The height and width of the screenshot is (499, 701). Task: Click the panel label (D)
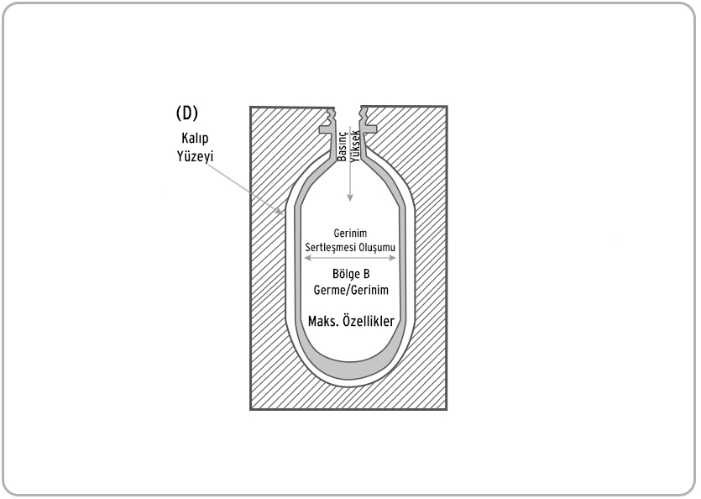pos(187,113)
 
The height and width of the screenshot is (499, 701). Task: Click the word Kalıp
pos(195,139)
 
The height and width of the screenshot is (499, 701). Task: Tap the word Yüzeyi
pos(195,156)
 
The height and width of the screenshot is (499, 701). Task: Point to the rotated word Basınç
pos(342,146)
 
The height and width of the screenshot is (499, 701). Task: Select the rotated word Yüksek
pos(355,146)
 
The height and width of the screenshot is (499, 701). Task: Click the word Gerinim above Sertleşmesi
pos(351,234)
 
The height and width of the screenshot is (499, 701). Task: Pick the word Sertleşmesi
pos(330,247)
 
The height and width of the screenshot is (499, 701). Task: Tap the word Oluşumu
pos(376,247)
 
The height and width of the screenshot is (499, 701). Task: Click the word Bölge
pos(345,274)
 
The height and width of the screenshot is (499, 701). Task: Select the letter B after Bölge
pos(366,274)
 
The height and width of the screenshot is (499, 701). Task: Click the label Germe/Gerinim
pos(351,290)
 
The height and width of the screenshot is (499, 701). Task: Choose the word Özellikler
pos(369,321)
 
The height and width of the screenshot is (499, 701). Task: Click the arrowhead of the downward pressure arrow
pos(351,197)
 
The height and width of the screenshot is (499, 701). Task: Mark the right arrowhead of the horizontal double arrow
pos(392,258)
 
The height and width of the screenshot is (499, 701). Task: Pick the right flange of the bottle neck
pos(369,129)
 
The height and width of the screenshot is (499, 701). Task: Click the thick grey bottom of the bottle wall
pos(350,368)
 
